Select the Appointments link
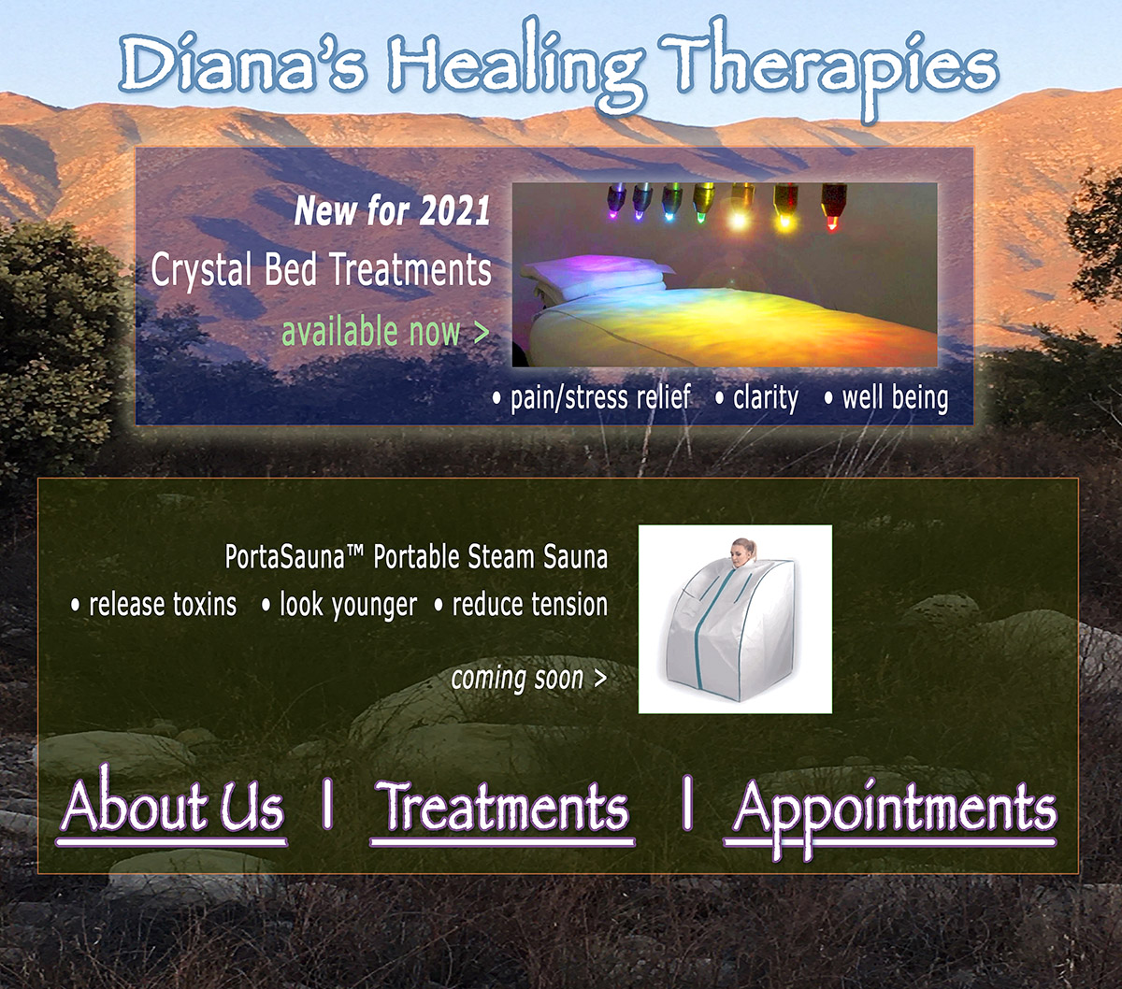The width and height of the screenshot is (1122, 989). click(894, 810)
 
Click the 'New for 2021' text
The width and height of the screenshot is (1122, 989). click(393, 210)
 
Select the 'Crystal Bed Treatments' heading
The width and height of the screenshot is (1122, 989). click(321, 270)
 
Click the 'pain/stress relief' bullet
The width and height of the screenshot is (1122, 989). click(599, 398)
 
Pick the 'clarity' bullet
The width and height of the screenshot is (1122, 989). click(765, 398)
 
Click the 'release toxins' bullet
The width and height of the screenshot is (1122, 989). click(162, 604)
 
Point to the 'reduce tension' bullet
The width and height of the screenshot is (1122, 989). click(529, 604)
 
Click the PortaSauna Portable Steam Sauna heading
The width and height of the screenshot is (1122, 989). click(416, 557)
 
